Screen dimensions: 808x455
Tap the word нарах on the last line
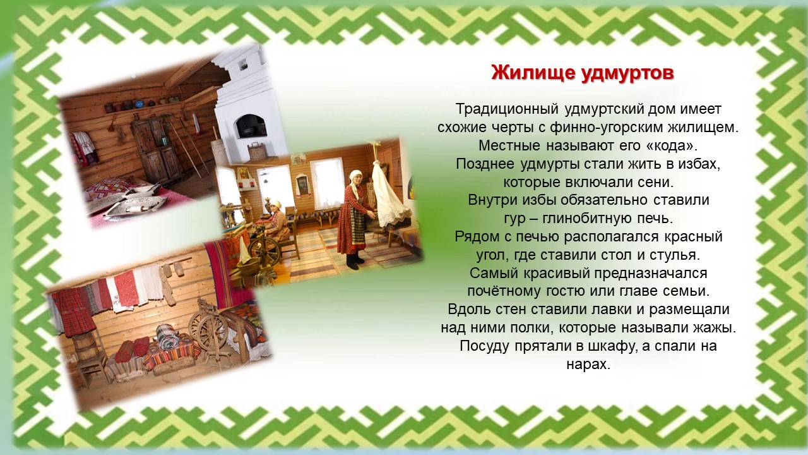(588, 364)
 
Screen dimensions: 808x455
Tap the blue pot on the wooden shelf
(140, 104)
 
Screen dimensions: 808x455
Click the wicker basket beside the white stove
(257, 150)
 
